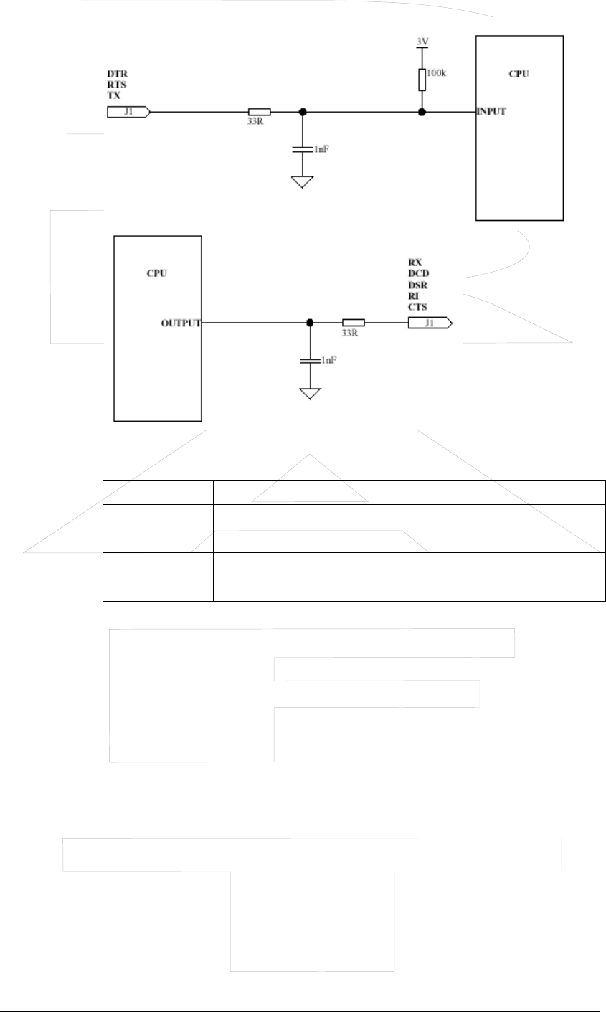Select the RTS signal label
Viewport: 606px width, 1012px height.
coord(117,85)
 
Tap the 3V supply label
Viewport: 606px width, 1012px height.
coord(422,42)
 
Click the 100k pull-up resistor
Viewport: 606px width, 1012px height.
coord(422,80)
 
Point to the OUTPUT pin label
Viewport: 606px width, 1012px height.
coord(181,323)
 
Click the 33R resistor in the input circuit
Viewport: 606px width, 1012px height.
coord(259,112)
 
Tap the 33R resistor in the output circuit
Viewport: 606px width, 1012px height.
coord(353,323)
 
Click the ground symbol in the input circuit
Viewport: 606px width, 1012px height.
coord(303,182)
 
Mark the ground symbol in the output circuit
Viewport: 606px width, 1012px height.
coord(310,394)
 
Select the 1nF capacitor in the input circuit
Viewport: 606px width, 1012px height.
coord(303,148)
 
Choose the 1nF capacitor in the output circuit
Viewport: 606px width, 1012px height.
coord(310,360)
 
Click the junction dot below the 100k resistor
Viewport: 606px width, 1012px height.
coord(422,112)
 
